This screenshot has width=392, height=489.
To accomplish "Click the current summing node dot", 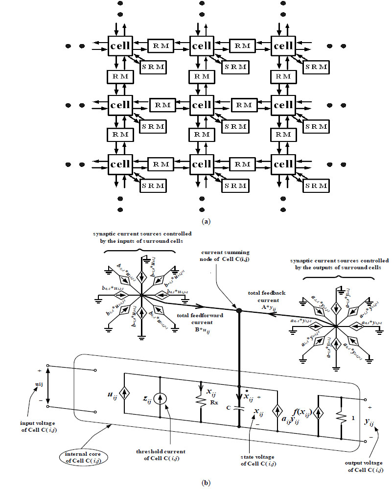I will tap(239, 311).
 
